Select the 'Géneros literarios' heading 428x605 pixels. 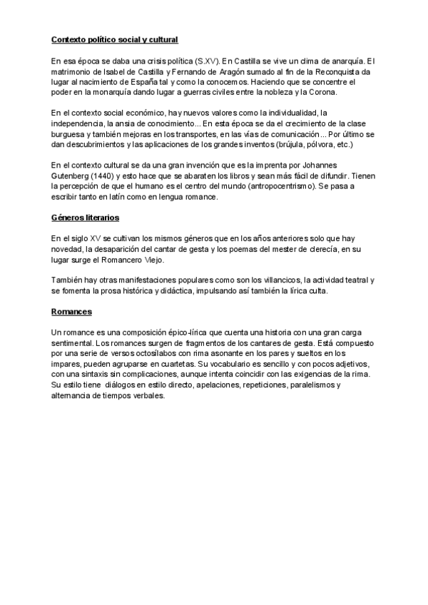tap(86, 218)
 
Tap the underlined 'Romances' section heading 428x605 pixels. tap(72, 312)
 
